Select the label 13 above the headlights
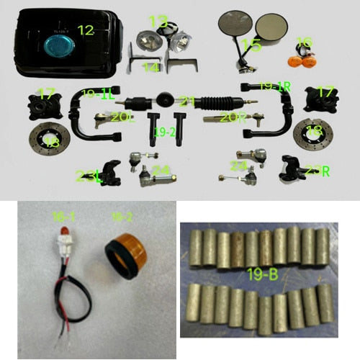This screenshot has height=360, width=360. click(x=158, y=21)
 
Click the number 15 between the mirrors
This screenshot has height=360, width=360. click(x=251, y=45)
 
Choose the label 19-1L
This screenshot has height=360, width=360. click(x=98, y=94)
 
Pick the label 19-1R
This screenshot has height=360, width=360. click(x=274, y=87)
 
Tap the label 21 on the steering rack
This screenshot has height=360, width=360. click(x=188, y=101)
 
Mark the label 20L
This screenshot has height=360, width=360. click(x=122, y=117)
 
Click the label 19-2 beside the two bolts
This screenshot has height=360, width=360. click(x=165, y=131)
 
